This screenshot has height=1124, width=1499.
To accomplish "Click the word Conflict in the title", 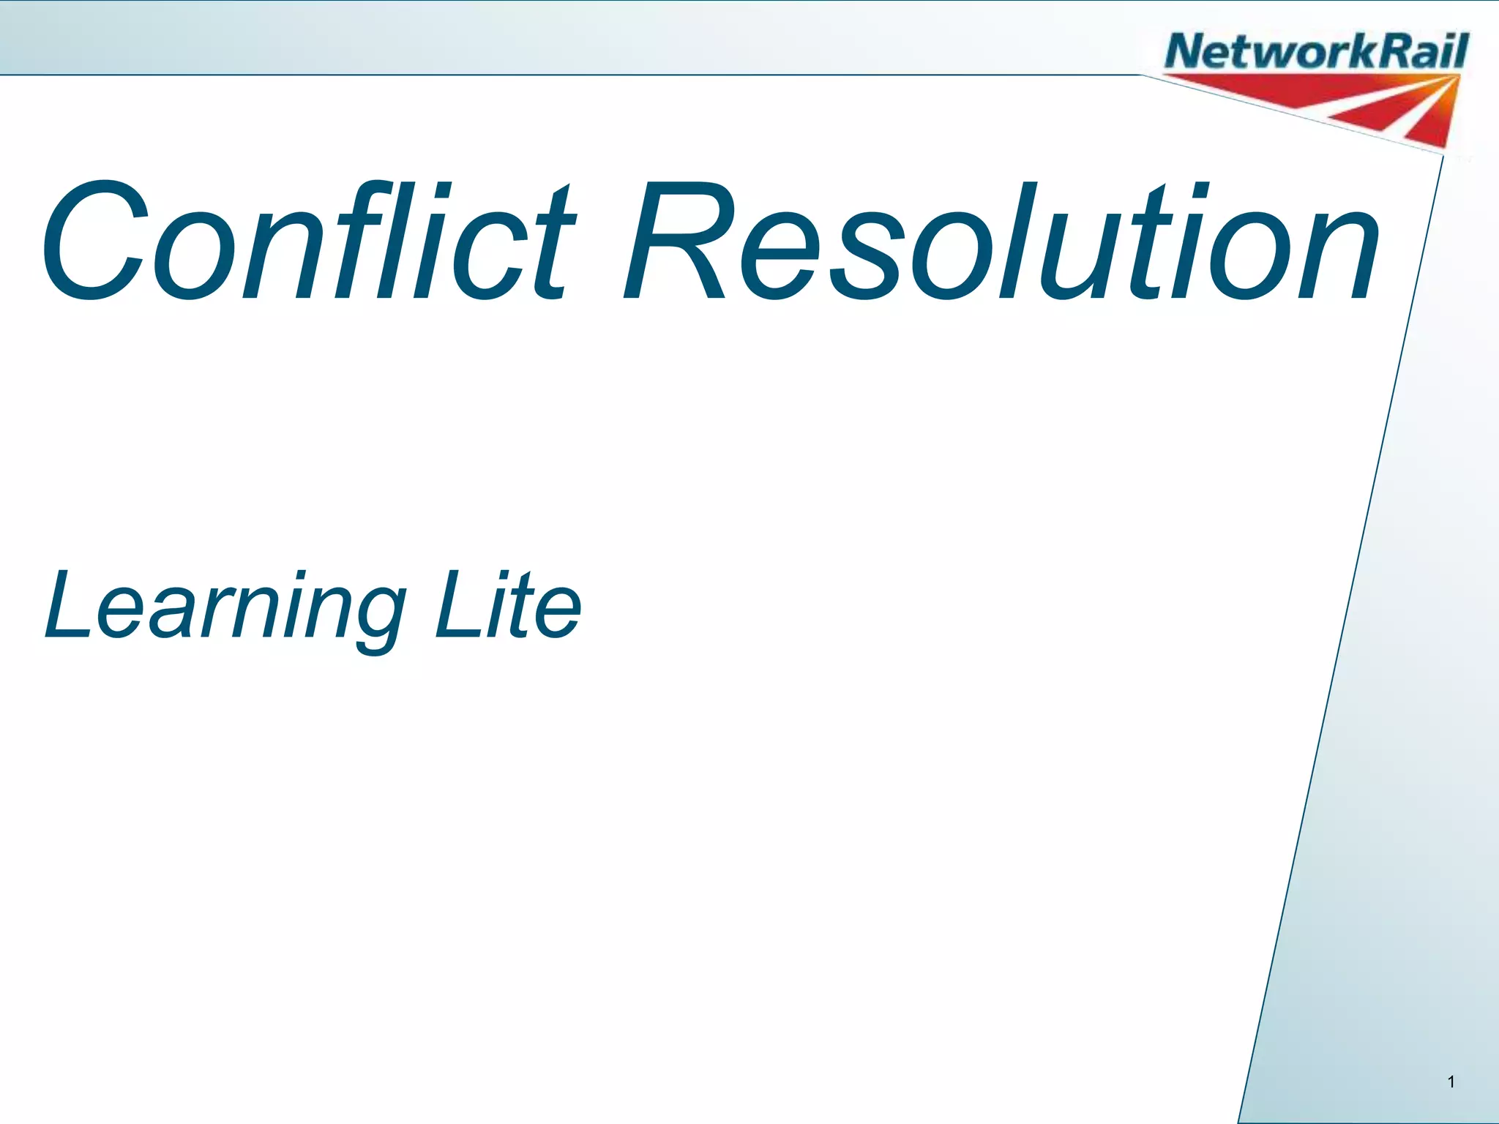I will (307, 241).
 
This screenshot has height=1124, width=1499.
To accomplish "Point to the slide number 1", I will (1451, 1082).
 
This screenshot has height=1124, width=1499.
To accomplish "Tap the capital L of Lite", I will (454, 604).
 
